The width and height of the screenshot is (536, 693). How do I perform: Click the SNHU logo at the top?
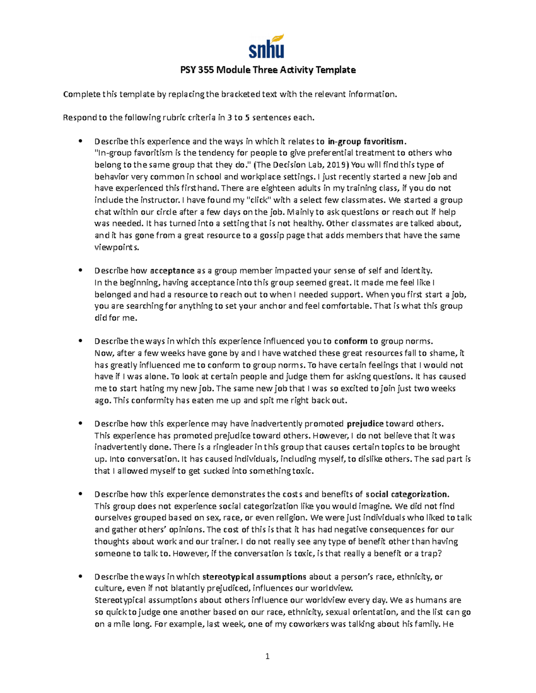(267, 47)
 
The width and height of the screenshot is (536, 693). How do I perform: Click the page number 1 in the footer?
(268, 656)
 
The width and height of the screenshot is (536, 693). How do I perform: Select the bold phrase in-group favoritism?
(366, 142)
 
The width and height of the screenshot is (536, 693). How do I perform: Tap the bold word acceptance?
(172, 270)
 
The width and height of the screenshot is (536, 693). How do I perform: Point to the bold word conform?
(350, 341)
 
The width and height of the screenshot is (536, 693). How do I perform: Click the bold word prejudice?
(365, 423)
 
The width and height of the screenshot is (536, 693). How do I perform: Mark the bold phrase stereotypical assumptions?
(254, 577)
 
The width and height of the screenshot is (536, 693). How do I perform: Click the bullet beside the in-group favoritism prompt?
(80, 141)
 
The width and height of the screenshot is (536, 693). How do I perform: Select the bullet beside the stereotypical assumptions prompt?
(80, 576)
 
